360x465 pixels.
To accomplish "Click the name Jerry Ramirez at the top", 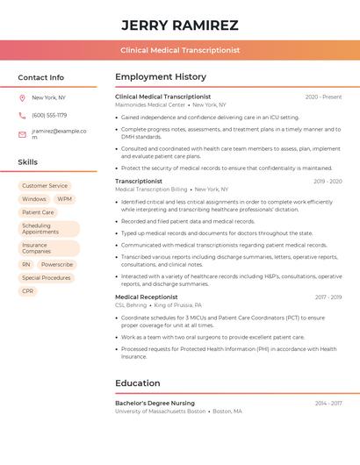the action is tap(179, 25).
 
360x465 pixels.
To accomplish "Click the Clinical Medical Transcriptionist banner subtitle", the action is tap(179, 50).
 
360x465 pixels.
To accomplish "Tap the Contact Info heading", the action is tap(40, 77).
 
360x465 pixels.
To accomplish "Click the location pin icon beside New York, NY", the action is tap(22, 97).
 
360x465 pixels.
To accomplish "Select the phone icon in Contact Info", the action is tap(22, 115).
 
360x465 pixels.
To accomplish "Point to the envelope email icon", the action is tap(22, 134).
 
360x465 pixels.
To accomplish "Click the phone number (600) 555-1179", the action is tap(49, 115).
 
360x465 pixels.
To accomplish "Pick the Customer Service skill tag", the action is tap(45, 186).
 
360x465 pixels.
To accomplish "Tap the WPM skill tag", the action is tap(65, 199).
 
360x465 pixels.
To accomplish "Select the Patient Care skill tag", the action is tap(38, 212).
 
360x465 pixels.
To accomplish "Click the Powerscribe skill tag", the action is tap(57, 264).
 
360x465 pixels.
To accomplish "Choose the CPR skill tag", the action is tap(28, 290).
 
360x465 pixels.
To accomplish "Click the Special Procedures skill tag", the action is tap(47, 277).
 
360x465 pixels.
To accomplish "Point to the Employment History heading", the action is tap(161, 77).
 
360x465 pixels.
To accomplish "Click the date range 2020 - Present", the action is tap(323, 97).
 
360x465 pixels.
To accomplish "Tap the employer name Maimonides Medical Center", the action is tap(150, 104).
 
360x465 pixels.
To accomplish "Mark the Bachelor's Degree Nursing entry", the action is tap(155, 403).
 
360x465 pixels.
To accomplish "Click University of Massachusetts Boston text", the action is tap(160, 411).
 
